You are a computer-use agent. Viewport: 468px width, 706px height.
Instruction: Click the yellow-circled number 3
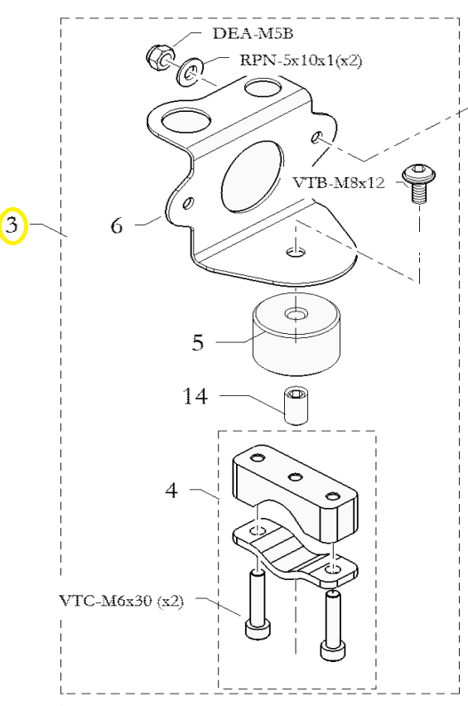pos(12,225)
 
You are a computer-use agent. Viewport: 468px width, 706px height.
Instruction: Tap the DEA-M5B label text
pos(253,34)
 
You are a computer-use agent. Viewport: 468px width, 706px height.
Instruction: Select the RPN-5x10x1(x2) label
pos(301,60)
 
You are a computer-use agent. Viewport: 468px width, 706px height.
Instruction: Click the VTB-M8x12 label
pos(339,182)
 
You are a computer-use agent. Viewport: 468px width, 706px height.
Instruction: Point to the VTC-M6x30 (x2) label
pos(122,600)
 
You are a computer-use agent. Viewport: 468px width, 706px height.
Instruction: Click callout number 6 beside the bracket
pos(117,225)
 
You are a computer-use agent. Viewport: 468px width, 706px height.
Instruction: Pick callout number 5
pos(198,342)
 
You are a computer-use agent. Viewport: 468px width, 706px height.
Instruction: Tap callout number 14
pos(195,396)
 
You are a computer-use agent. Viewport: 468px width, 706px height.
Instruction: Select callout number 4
pos(171,491)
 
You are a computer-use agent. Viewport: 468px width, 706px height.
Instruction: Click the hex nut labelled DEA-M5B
pos(160,56)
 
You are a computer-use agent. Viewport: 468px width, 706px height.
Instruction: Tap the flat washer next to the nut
pos(191,71)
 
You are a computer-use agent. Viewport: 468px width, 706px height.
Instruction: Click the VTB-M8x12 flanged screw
pos(418,183)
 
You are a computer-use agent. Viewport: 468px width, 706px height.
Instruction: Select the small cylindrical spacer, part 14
pos(297,404)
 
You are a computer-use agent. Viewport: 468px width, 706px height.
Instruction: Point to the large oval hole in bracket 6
pos(253,176)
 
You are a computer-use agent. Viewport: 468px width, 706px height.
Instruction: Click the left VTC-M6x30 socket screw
pos(258,603)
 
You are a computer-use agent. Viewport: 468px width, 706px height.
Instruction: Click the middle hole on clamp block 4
pos(296,476)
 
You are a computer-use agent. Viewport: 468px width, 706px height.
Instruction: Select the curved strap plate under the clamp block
pos(295,554)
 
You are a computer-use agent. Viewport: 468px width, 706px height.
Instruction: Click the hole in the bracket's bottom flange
pos(295,252)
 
